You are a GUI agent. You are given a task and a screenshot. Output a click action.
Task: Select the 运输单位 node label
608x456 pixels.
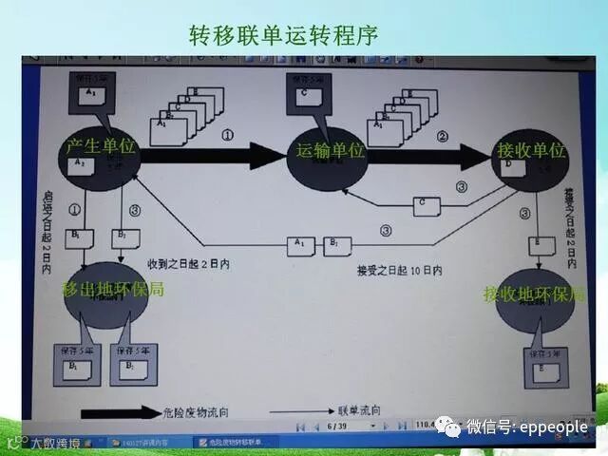331,150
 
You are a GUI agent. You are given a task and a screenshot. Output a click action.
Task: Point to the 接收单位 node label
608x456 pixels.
532,151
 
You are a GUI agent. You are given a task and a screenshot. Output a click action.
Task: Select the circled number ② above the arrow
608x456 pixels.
441,136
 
